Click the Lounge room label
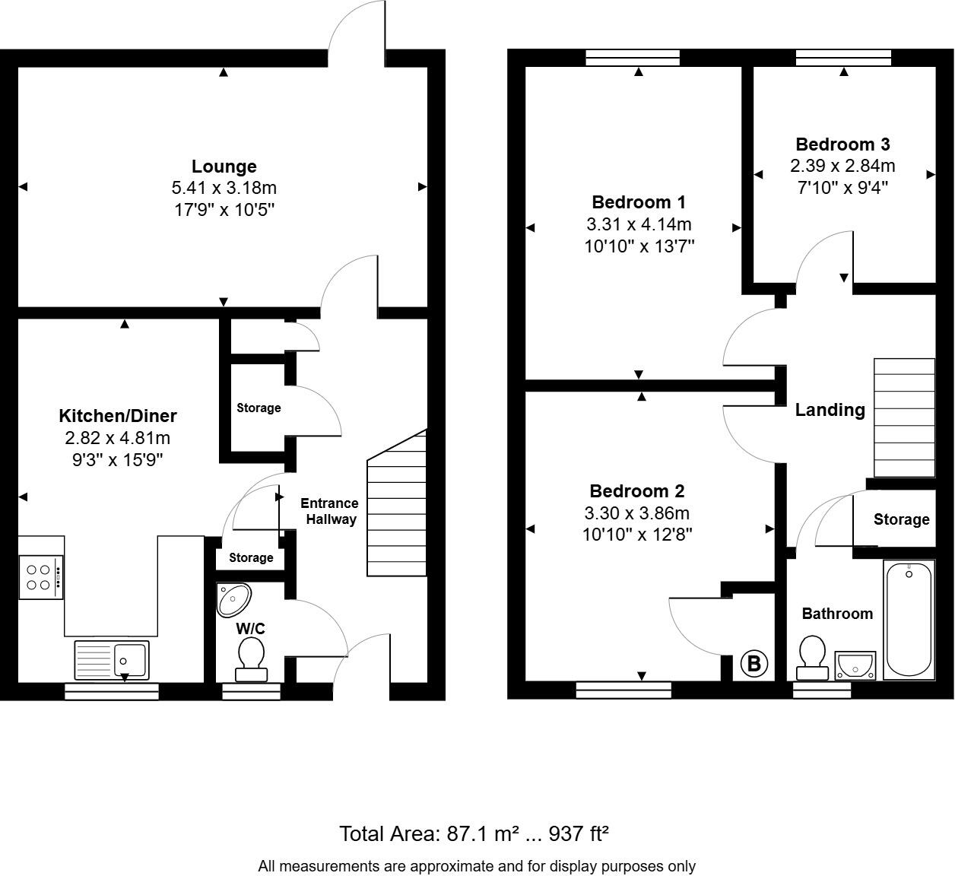(x=224, y=166)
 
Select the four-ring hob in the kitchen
(x=40, y=576)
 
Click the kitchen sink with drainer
(x=112, y=659)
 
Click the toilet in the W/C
(x=251, y=659)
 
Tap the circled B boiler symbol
(x=754, y=664)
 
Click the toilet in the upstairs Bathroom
(x=812, y=659)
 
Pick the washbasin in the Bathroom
(x=855, y=665)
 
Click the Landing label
(x=830, y=410)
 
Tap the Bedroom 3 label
(x=842, y=144)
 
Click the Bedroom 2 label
(x=637, y=490)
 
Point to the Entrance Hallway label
(x=328, y=511)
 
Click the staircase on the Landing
(x=904, y=417)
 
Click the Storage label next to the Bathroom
(x=901, y=519)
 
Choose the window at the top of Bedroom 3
(x=843, y=58)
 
